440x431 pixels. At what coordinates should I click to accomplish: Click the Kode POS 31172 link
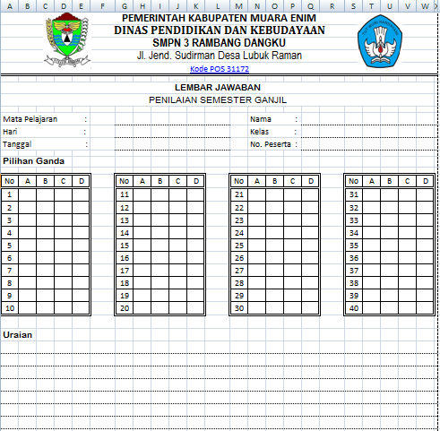pos(220,69)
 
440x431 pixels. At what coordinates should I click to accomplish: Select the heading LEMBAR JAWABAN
pos(219,87)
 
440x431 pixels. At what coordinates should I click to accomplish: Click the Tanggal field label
pos(16,144)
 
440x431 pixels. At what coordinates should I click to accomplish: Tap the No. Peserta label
pos(271,144)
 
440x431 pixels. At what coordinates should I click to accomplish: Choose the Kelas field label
pos(260,132)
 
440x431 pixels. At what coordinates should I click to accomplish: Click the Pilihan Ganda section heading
pos(31,161)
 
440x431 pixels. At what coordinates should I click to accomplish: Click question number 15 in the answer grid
pos(125,245)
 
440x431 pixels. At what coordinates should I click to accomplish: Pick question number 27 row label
pos(239,270)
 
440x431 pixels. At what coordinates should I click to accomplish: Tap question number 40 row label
pos(354,307)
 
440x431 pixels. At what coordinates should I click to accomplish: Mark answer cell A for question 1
pos(28,194)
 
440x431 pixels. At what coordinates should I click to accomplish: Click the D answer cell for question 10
pos(82,307)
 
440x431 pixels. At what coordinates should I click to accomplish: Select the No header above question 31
pos(354,181)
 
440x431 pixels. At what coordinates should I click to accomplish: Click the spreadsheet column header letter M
pos(239,5)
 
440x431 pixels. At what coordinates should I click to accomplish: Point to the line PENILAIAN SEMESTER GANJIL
pos(219,99)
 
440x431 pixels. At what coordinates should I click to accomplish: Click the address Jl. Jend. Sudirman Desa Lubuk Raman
pos(220,56)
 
